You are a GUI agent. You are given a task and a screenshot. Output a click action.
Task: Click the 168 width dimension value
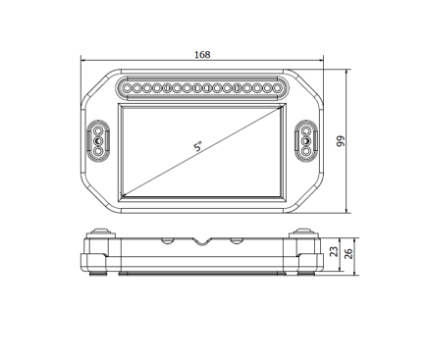(202, 56)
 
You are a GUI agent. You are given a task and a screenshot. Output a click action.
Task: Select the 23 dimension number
(334, 252)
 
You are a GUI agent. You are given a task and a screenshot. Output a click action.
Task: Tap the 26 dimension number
(347, 252)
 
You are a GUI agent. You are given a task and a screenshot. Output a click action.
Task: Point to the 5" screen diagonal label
(198, 147)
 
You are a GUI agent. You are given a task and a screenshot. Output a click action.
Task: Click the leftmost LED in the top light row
(127, 88)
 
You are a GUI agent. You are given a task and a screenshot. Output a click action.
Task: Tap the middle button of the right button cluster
(306, 142)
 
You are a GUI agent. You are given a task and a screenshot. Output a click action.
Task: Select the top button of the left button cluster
(98, 130)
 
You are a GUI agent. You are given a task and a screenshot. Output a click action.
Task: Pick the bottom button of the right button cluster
(306, 154)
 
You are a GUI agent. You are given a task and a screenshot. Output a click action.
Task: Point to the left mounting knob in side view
(98, 233)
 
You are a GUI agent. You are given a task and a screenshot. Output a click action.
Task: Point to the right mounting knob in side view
(305, 233)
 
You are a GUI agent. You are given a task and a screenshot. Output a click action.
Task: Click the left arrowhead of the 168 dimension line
(82, 62)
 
